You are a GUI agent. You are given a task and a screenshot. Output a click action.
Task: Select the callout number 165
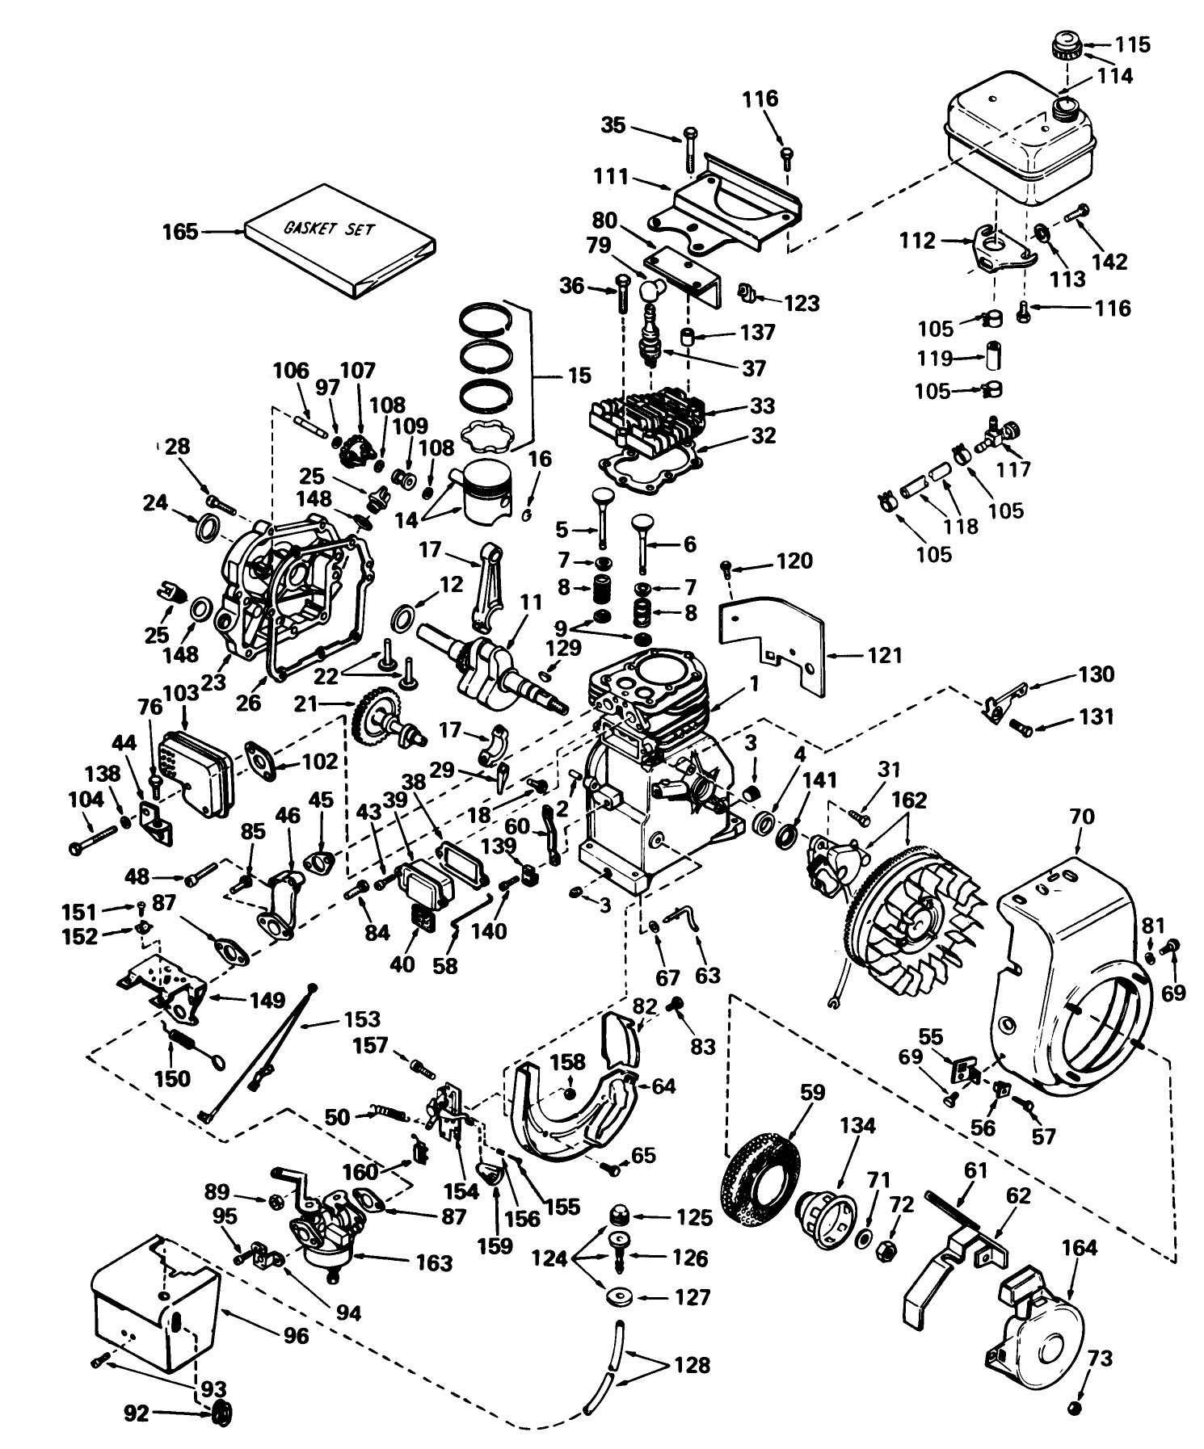click(x=179, y=232)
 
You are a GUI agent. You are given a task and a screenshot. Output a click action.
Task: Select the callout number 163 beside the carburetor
click(x=434, y=1262)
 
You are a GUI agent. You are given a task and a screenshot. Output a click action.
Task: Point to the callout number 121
click(x=884, y=655)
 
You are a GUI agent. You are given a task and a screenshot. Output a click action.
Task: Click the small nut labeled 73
click(x=1076, y=1408)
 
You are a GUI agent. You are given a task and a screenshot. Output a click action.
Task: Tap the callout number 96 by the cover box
click(x=296, y=1335)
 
